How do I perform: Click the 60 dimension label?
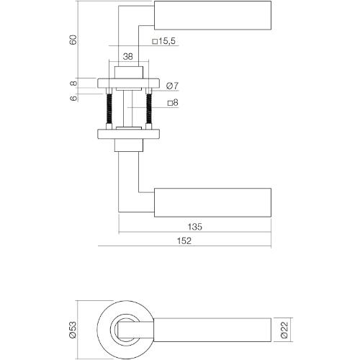tap(72, 39)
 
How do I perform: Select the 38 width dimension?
tap(127, 56)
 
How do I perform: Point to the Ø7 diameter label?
tap(172, 86)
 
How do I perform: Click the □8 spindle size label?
tap(173, 104)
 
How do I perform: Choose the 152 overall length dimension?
tap(184, 242)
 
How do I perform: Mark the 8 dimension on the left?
tap(72, 83)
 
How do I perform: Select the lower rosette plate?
tap(130, 134)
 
